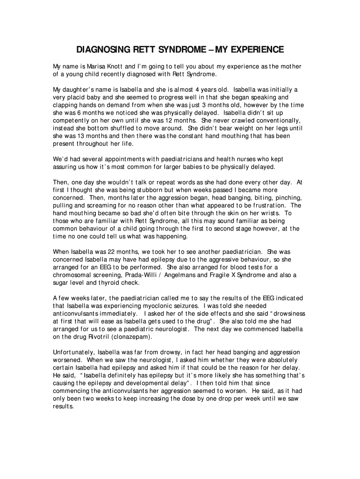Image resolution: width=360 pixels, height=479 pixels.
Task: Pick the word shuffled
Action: click(x=130, y=128)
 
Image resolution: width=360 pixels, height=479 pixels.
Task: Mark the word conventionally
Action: click(x=253, y=120)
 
